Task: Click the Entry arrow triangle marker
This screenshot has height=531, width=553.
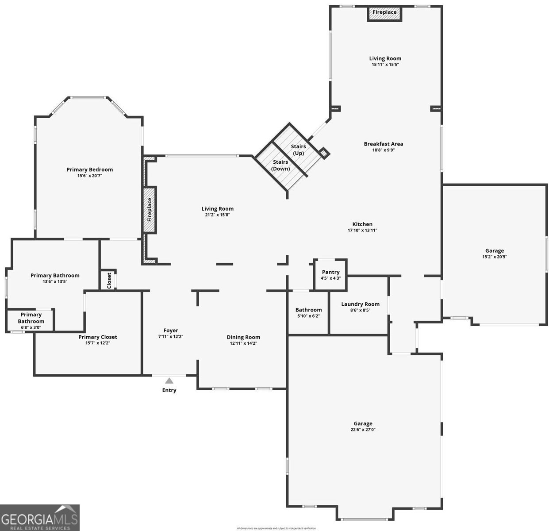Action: coord(169,381)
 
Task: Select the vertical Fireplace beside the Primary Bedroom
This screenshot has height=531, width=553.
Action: coord(150,210)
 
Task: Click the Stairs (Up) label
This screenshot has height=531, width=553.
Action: coord(298,150)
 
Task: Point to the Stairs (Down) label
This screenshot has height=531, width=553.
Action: coord(280,165)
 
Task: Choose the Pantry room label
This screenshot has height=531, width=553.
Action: coord(330,272)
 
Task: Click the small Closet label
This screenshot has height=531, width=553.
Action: coord(109,281)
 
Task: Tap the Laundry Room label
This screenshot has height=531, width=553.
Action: coord(360,304)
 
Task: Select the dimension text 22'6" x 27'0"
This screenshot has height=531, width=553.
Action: coord(363,430)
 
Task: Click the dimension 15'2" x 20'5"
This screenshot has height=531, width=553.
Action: coord(494,257)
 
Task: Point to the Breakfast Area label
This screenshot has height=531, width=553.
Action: coord(383,144)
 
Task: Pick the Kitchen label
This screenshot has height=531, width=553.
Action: coord(362,224)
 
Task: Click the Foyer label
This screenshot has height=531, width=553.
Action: coord(171,331)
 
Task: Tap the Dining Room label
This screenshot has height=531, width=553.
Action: coord(243,337)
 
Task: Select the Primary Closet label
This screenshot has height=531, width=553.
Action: coord(98,337)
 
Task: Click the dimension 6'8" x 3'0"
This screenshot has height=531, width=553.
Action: coord(31,327)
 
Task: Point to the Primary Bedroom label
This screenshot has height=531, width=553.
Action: coord(89,169)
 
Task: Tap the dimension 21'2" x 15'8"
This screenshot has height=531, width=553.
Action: coord(217,215)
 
